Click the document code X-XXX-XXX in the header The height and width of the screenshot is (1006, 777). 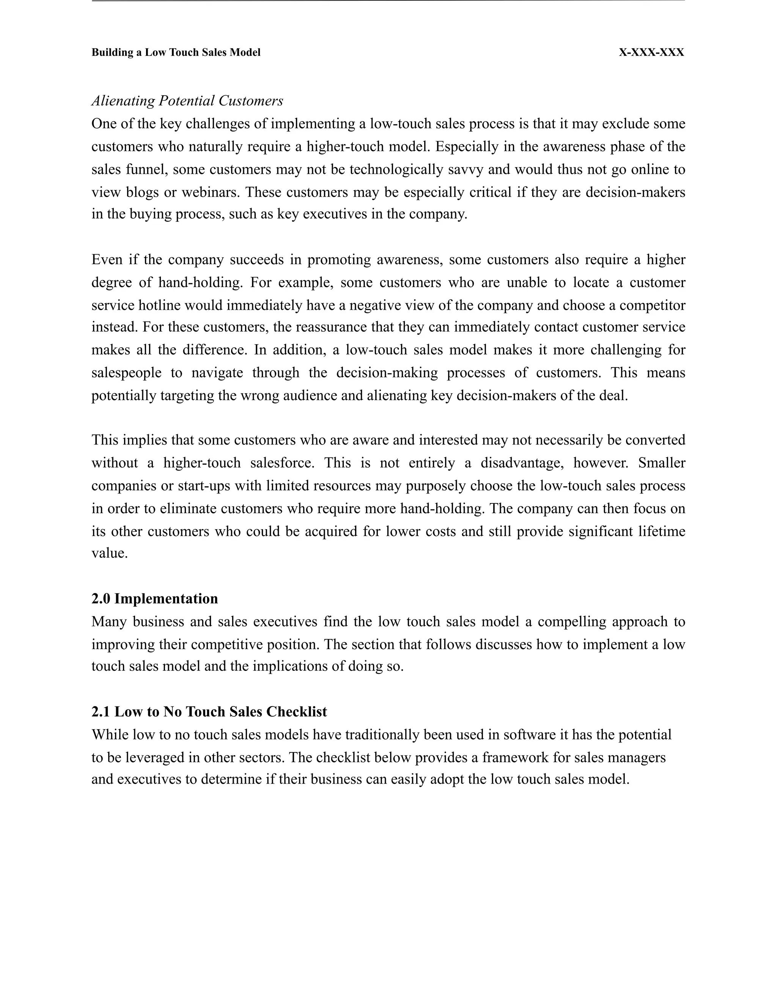[651, 52]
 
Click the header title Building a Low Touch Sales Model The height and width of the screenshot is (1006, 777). [176, 52]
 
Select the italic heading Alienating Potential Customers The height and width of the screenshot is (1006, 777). [187, 101]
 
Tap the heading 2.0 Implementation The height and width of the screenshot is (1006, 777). [155, 598]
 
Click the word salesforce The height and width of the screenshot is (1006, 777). [282, 462]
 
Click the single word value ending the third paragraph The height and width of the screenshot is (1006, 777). [109, 553]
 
